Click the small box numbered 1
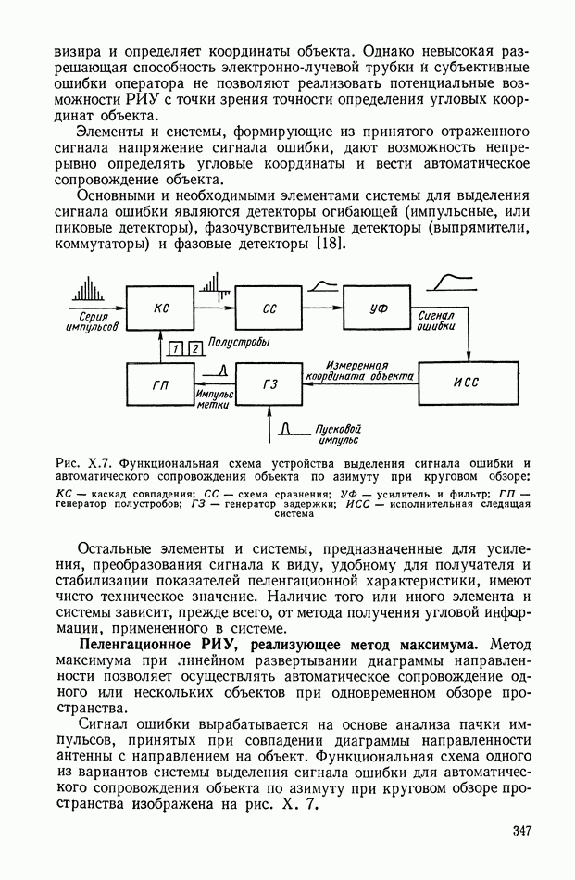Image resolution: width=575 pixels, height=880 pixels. [x=176, y=348]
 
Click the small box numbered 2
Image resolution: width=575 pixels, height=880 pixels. [x=194, y=348]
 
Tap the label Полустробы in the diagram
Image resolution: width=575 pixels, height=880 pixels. [x=240, y=343]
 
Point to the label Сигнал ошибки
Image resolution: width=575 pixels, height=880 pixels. [x=435, y=321]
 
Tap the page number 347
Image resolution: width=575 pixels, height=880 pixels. [x=521, y=831]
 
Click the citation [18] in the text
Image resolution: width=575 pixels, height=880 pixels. [x=329, y=244]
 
